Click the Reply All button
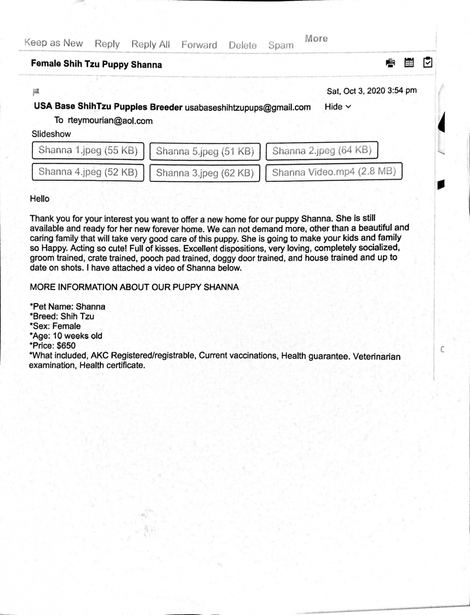click(150, 44)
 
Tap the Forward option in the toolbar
click(199, 45)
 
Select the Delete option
click(242, 45)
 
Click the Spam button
click(280, 45)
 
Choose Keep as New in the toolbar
click(53, 43)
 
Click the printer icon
click(391, 63)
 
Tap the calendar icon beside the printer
click(409, 63)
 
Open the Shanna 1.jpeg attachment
click(88, 151)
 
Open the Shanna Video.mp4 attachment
click(334, 172)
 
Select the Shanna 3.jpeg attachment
click(205, 172)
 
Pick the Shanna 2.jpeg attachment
click(322, 151)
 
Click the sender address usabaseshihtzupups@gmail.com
click(248, 107)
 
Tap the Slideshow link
click(51, 134)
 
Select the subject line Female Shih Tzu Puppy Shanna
click(97, 65)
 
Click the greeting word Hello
click(40, 199)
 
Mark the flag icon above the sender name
click(36, 92)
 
